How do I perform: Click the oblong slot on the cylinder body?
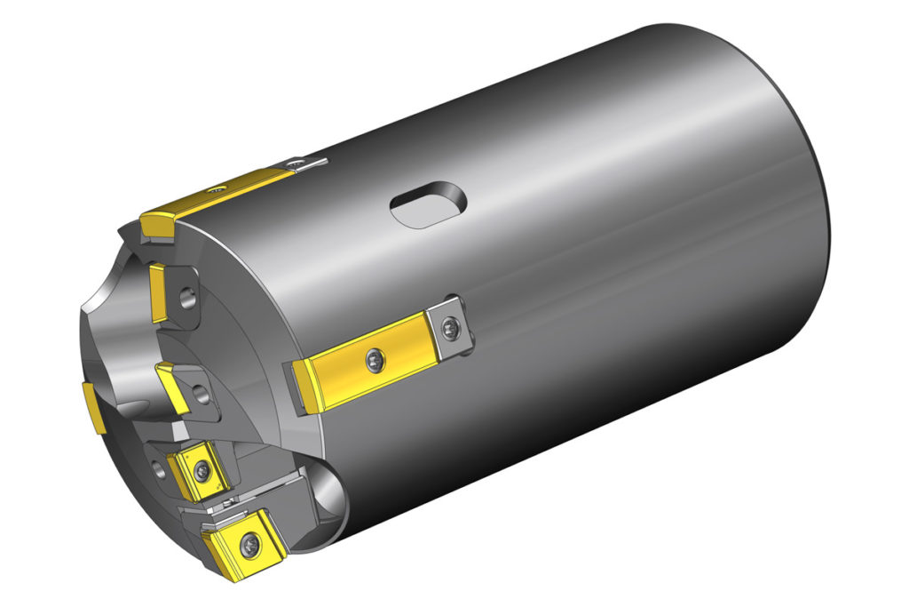point(428,206)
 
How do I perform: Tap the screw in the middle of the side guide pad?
point(375,358)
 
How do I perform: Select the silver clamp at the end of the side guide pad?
point(451,331)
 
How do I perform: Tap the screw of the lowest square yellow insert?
point(255,539)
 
